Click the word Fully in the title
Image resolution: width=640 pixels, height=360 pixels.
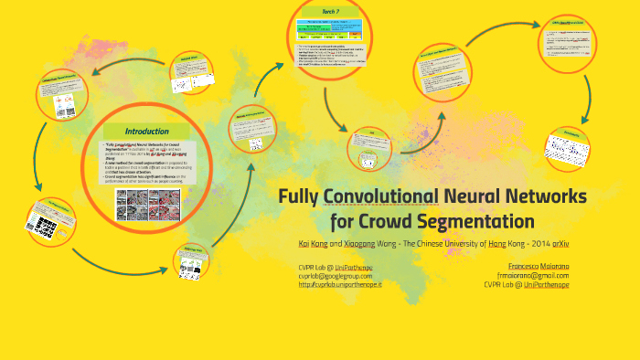point(300,196)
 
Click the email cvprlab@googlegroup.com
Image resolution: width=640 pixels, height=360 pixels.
point(335,275)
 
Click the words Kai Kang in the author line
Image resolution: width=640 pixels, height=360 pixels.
point(313,244)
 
